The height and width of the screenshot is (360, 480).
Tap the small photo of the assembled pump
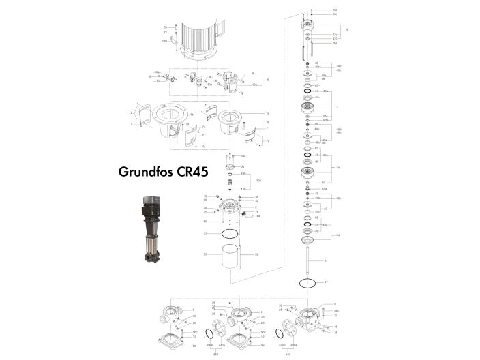coord(151,229)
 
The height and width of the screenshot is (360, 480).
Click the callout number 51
coord(326,260)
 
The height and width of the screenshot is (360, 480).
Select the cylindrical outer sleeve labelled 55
coord(230,257)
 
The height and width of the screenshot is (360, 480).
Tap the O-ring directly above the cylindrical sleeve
coord(230,232)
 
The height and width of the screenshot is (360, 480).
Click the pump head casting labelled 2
coord(230,209)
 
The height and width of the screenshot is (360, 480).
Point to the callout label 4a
coord(338,168)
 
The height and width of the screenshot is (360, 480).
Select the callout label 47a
coord(325,188)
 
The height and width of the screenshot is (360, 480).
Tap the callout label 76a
coord(258,216)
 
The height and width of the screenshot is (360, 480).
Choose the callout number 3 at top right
coord(347,31)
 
